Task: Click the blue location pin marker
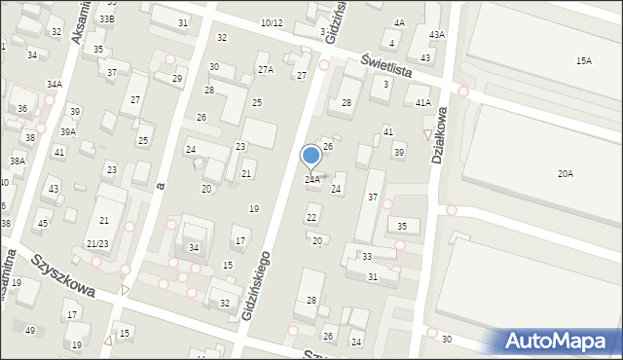click(x=311, y=157)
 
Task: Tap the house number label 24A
click(x=311, y=180)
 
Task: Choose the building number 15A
click(x=583, y=61)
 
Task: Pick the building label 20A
click(x=565, y=173)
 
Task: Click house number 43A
click(x=437, y=35)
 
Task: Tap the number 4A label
click(x=399, y=22)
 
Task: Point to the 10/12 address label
click(x=272, y=22)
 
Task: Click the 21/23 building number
click(x=97, y=243)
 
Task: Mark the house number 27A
click(x=265, y=70)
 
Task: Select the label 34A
click(x=55, y=85)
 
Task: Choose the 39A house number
click(x=68, y=131)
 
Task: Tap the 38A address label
click(x=18, y=161)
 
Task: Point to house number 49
click(x=30, y=331)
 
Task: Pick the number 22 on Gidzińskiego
click(x=311, y=218)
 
